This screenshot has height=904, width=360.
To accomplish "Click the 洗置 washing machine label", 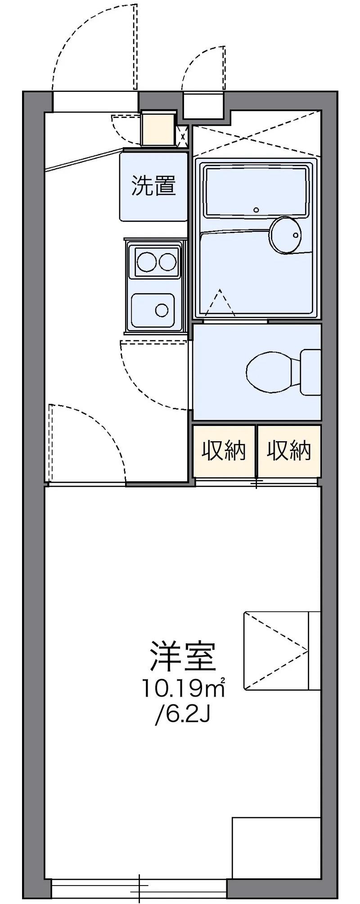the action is pyautogui.click(x=153, y=185).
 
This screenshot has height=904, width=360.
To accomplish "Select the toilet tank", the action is pyautogui.click(x=310, y=371).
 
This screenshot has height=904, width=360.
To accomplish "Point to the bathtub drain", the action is pyautogui.click(x=256, y=209).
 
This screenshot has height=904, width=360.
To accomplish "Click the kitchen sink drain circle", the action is pyautogui.click(x=162, y=309).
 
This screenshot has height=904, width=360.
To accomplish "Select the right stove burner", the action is pyautogui.click(x=167, y=262).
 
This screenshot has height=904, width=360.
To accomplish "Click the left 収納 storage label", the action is pyautogui.click(x=224, y=450).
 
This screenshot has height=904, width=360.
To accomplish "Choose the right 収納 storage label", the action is pyautogui.click(x=289, y=450).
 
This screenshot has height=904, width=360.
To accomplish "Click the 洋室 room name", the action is pyautogui.click(x=183, y=655).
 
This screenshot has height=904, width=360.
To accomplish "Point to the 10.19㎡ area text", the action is pyautogui.click(x=184, y=687).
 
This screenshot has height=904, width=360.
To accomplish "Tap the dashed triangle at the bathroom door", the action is pyautogui.click(x=220, y=303).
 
